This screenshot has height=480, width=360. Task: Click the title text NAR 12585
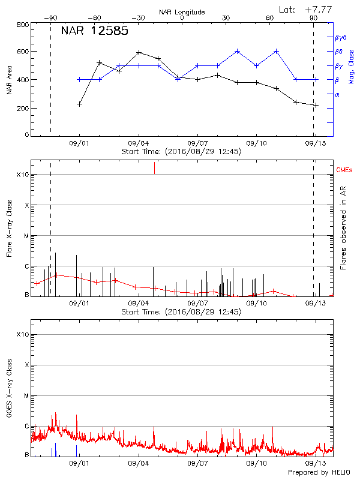pos(95,31)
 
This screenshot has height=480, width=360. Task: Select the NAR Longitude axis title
pos(182,11)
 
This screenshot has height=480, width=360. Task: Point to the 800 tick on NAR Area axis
pos(23,25)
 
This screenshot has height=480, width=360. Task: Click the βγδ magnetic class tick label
pos(341,37)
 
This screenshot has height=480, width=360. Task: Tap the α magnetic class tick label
pos(337,94)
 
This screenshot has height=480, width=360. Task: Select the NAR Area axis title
pos(8,80)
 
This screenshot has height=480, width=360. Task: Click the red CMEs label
pos(344,172)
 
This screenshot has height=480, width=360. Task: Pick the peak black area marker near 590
pos(139,52)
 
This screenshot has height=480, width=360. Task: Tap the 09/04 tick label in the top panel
pos(139,143)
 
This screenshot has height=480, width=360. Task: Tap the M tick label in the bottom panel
pos(26,396)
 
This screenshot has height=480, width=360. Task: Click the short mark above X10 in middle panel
pos(154,168)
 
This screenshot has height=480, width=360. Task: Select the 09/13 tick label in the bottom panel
pos(315,463)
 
